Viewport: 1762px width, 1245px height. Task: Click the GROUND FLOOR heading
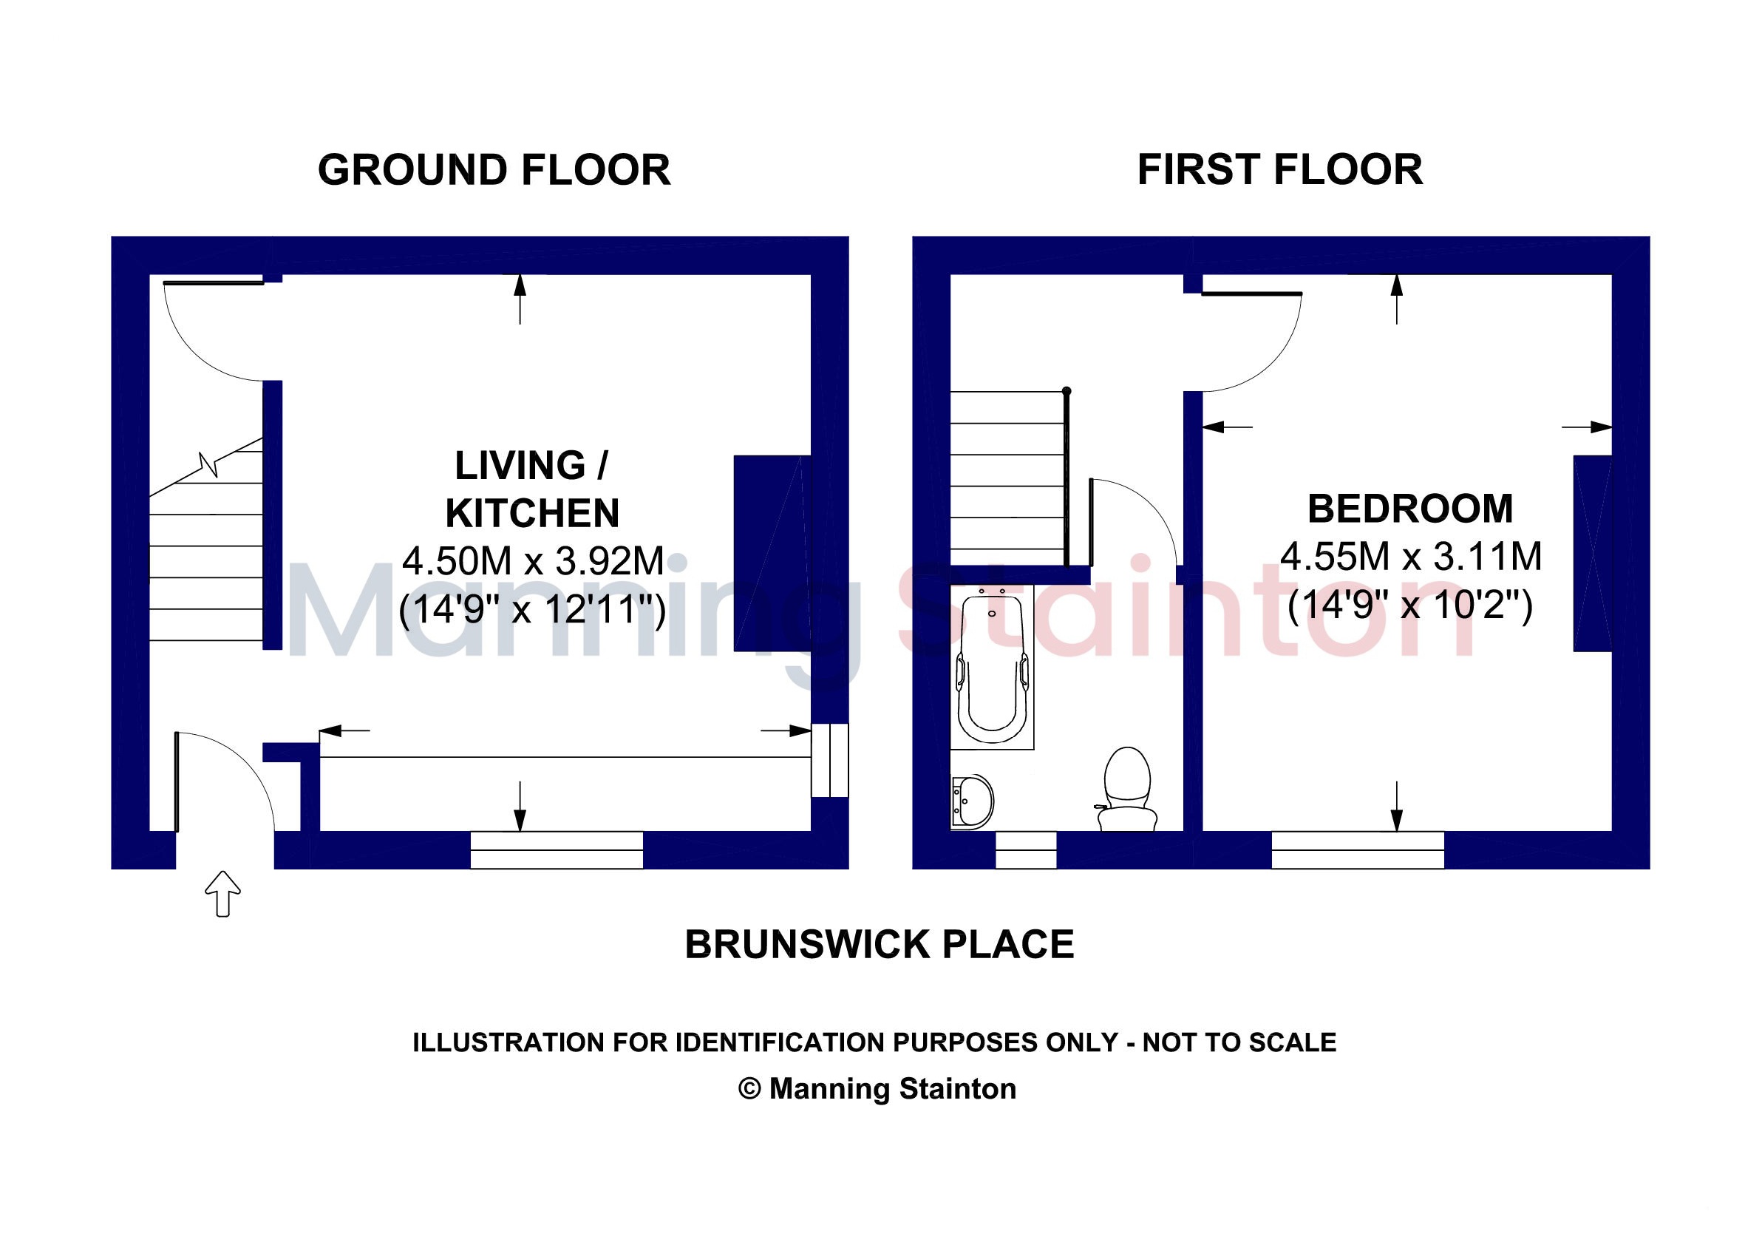click(x=494, y=169)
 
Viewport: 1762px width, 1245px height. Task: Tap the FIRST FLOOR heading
click(x=1280, y=169)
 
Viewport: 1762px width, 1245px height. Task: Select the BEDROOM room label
click(x=1410, y=509)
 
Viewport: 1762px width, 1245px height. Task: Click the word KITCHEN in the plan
click(x=533, y=514)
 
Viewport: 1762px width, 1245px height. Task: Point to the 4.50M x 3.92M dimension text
click(x=534, y=561)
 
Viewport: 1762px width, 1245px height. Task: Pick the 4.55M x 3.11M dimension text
click(x=1411, y=557)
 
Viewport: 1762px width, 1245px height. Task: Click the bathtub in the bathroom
click(x=993, y=667)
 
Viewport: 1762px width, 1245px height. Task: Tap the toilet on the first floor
click(x=1126, y=789)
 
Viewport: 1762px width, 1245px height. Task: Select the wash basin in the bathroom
click(x=973, y=802)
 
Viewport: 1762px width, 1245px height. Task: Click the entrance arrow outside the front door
click(x=222, y=893)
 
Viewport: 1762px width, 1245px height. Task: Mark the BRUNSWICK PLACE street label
click(x=880, y=945)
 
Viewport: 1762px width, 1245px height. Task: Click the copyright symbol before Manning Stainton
click(x=749, y=1088)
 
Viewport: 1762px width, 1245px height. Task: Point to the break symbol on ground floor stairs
click(x=208, y=464)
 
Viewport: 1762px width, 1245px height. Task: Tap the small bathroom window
click(x=1026, y=850)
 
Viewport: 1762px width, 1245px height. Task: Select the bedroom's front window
click(x=1358, y=850)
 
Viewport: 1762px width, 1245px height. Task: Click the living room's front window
click(x=557, y=850)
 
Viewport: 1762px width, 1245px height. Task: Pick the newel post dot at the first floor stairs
click(x=1067, y=391)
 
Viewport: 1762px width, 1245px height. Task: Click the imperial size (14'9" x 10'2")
click(x=1410, y=605)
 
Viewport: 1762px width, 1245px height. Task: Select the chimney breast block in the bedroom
click(x=1593, y=554)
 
